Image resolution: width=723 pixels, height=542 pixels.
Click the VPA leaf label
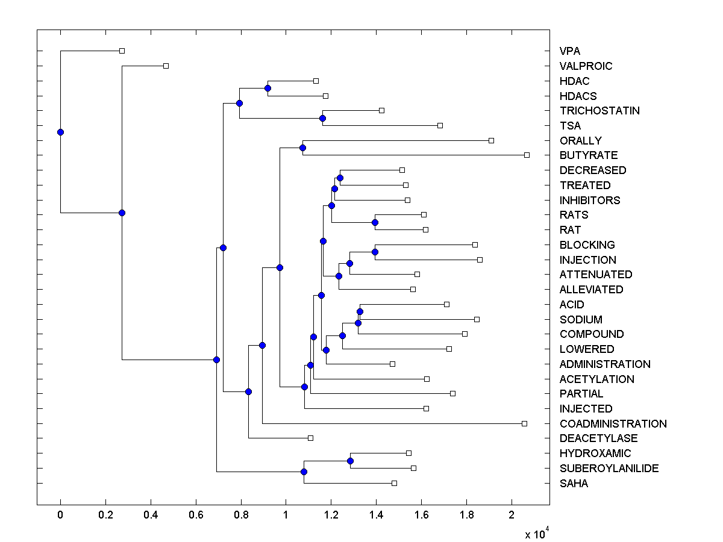[570, 51]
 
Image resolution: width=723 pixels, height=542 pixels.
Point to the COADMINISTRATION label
[613, 424]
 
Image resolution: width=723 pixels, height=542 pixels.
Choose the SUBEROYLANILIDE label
[609, 469]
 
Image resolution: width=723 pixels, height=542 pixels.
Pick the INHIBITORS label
[590, 200]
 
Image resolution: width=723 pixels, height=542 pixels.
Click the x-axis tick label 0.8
[241, 516]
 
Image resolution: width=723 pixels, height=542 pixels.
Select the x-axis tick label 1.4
[376, 516]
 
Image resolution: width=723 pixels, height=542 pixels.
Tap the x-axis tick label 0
[60, 516]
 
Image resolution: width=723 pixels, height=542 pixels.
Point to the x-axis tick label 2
[512, 516]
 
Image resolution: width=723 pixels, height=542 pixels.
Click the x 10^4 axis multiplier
[536, 533]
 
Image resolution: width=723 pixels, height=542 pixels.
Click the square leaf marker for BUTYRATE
[527, 155]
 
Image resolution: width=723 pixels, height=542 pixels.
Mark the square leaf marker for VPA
[122, 51]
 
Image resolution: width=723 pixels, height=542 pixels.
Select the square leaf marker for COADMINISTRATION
[524, 424]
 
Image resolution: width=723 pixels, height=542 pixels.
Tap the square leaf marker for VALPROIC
[166, 66]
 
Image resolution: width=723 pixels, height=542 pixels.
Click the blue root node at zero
[60, 132]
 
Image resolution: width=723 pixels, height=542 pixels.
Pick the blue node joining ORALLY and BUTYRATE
[303, 148]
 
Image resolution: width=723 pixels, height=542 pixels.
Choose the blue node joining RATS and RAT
[375, 222]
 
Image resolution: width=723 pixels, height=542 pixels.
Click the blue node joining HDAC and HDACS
[268, 89]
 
